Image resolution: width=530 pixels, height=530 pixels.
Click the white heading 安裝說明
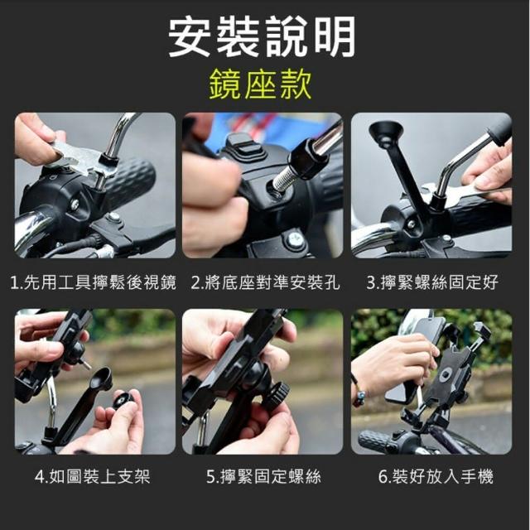(x=262, y=37)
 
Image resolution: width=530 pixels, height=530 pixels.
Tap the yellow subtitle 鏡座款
(x=260, y=84)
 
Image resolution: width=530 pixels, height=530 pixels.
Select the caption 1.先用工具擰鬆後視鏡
(x=94, y=282)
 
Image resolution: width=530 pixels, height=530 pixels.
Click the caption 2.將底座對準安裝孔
(x=265, y=282)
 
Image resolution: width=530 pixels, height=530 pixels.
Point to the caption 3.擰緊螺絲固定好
(x=432, y=282)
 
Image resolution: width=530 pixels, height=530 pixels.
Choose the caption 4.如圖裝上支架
(x=92, y=476)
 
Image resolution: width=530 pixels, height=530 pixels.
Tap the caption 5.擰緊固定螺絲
(x=263, y=476)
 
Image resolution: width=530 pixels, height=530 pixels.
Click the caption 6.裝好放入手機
(x=436, y=476)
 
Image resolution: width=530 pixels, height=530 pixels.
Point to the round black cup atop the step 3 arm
(x=386, y=133)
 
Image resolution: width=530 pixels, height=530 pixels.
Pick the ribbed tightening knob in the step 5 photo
(x=277, y=395)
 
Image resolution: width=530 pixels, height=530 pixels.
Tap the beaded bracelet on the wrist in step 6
(x=359, y=392)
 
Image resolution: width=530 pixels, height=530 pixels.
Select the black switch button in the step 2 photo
(x=241, y=146)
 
